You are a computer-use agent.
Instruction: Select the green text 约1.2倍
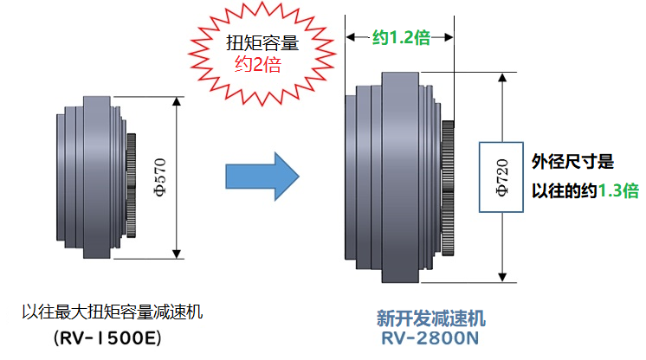coord(400,36)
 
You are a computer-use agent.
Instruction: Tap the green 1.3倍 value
coord(618,191)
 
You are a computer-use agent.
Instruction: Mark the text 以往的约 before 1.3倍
coord(563,191)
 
